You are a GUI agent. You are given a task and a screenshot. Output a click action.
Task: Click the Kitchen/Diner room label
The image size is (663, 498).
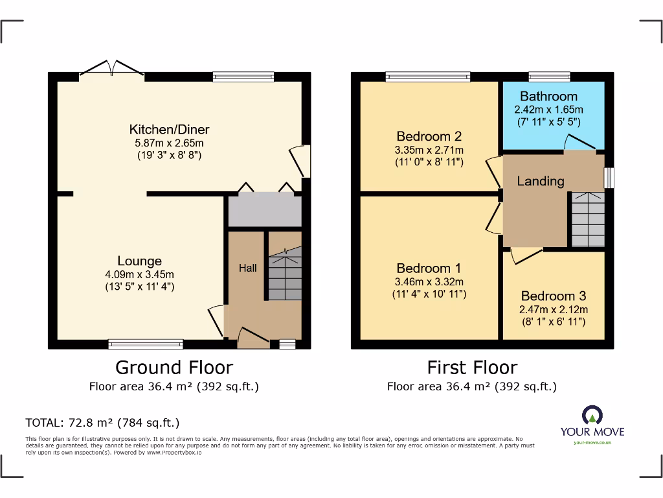tap(169, 130)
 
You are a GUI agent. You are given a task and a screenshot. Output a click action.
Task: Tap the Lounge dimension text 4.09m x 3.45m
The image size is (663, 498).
tap(140, 274)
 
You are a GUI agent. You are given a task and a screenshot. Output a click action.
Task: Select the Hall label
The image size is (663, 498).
tap(248, 268)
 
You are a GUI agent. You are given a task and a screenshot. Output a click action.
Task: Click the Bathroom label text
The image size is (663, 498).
tap(548, 97)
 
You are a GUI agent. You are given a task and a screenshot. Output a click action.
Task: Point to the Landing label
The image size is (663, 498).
tap(541, 182)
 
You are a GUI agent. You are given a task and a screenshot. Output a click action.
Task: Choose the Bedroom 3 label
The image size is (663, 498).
tap(554, 296)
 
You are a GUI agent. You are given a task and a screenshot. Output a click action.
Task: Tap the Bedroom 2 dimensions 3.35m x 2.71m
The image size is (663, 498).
tap(429, 150)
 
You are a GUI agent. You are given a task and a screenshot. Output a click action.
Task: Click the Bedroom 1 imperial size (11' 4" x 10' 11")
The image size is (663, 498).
tap(429, 294)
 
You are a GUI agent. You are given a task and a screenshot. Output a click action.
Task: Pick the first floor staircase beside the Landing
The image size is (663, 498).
tap(588, 219)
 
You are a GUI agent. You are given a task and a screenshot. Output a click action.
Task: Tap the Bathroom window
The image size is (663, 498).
tap(550, 77)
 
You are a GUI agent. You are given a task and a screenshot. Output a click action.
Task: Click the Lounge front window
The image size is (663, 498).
tap(146, 344)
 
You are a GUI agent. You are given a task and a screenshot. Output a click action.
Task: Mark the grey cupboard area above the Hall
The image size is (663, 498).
tap(265, 209)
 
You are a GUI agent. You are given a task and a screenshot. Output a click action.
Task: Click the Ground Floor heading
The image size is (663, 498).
tap(174, 368)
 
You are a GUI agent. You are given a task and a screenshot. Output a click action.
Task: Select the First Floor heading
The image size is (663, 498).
tap(472, 368)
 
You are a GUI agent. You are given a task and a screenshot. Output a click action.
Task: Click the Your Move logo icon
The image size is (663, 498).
tap(592, 416)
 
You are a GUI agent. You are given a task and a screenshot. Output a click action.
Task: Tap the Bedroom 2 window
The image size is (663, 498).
tap(428, 77)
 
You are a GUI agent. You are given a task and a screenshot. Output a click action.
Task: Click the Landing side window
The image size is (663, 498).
tap(609, 178)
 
